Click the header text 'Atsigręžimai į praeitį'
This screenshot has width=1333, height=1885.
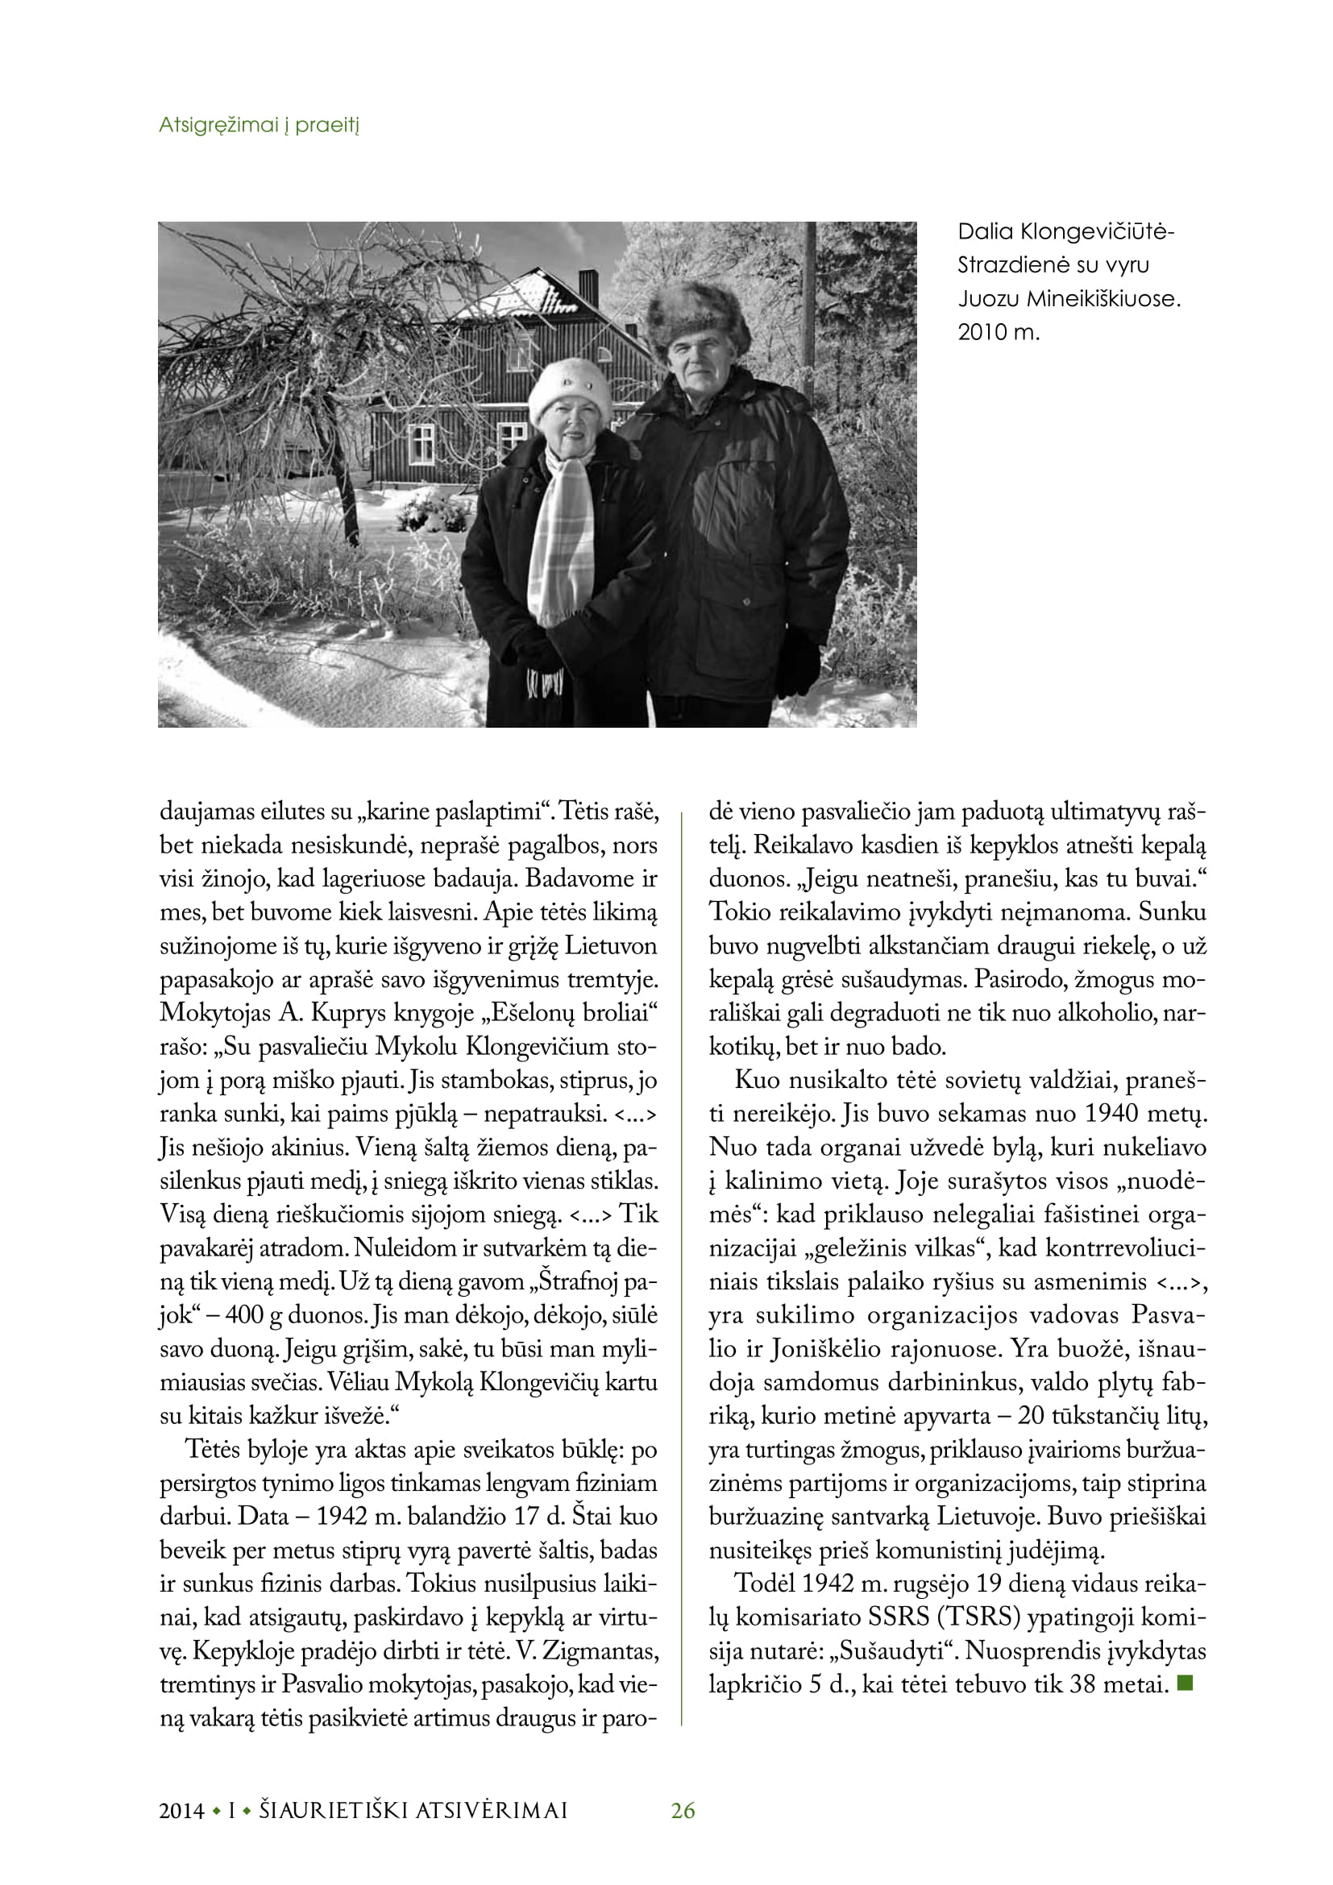click(260, 126)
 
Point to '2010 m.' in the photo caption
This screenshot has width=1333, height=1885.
click(998, 334)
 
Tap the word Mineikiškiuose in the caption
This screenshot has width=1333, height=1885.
click(1104, 299)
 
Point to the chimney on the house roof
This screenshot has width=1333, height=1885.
click(588, 287)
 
